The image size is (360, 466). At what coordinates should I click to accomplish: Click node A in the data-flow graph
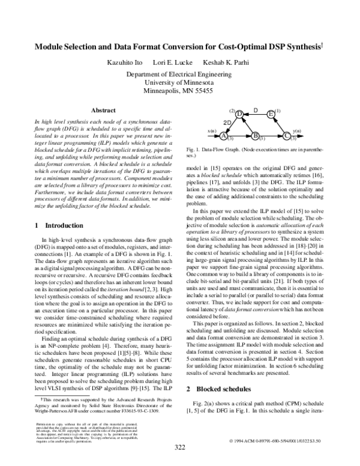tap(224, 136)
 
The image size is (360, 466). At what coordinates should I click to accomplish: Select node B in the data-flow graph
tap(255, 136)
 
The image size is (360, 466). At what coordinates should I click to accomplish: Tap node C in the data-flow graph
tap(286, 136)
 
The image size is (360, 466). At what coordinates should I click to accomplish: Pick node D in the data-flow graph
tap(239, 114)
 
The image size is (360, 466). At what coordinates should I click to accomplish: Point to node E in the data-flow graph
tap(271, 114)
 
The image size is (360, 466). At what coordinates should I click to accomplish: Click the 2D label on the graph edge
tap(227, 123)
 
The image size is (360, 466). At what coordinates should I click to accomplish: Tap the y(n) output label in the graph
tap(296, 130)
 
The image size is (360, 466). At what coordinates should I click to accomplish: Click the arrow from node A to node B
tap(239, 136)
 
